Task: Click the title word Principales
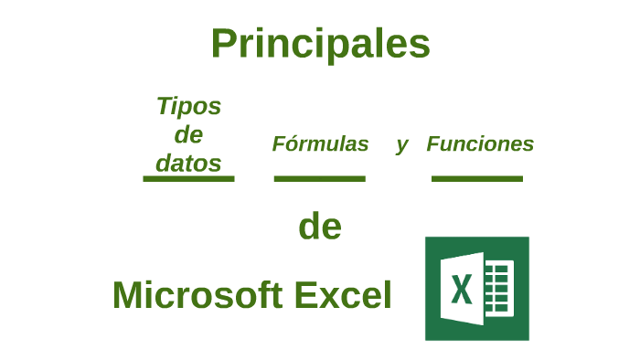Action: click(320, 43)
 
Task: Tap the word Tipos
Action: click(188, 106)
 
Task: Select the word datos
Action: click(188, 163)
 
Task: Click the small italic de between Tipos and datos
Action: click(188, 134)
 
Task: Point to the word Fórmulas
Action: click(320, 144)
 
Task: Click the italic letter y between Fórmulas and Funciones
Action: click(401, 144)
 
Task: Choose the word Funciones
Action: click(480, 144)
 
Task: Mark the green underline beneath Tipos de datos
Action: click(188, 178)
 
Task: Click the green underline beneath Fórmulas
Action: click(319, 178)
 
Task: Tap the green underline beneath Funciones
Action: click(476, 178)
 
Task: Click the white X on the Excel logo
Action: click(462, 289)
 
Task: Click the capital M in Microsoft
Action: click(129, 295)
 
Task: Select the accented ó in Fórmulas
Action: click(291, 144)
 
